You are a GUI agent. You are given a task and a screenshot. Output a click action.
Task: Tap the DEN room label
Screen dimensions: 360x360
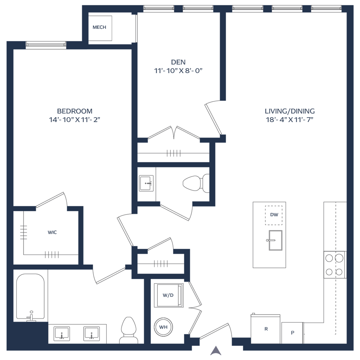pyautogui.click(x=179, y=62)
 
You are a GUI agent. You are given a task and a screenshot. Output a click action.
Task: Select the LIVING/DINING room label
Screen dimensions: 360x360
pyautogui.click(x=290, y=111)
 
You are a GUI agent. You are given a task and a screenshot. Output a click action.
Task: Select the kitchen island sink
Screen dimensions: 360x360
pyautogui.click(x=275, y=240)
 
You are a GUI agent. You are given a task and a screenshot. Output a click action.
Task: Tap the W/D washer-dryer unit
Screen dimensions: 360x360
pyautogui.click(x=168, y=295)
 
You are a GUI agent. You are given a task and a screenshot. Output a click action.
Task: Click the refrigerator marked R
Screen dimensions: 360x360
pyautogui.click(x=266, y=329)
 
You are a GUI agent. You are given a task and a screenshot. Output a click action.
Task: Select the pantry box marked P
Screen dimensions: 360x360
pyautogui.click(x=292, y=332)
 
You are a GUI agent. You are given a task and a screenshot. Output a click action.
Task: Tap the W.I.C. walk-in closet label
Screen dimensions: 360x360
pyautogui.click(x=52, y=232)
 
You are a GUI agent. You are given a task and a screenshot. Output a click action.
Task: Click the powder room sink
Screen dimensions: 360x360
pyautogui.click(x=146, y=183)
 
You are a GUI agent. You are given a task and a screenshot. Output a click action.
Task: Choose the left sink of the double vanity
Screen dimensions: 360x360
pyautogui.click(x=62, y=333)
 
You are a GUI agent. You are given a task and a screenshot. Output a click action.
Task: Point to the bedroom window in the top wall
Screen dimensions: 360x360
pyautogui.click(x=46, y=45)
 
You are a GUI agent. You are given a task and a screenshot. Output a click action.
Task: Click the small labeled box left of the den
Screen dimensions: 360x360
pyautogui.click(x=99, y=27)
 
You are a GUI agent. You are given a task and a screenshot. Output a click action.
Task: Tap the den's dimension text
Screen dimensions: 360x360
pyautogui.click(x=179, y=70)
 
